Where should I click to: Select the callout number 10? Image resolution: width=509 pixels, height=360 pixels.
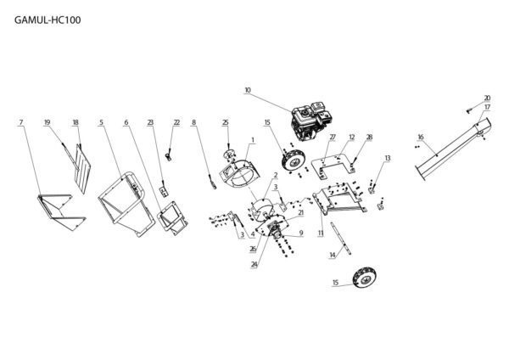tap(248, 90)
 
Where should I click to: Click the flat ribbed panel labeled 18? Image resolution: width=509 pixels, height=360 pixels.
tap(81, 161)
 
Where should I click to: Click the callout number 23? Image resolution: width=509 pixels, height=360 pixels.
tap(150, 123)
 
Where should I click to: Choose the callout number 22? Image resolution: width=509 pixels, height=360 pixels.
tap(176, 123)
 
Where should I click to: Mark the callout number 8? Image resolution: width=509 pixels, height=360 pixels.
tap(193, 123)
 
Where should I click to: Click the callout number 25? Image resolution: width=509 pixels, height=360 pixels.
tap(226, 123)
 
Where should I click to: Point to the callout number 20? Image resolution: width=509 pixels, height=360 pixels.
tap(487, 98)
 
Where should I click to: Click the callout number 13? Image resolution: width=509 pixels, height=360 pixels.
tap(388, 158)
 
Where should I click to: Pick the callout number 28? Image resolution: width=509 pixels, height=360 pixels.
tap(369, 137)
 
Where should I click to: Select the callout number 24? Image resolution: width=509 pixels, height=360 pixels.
tap(254, 264)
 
